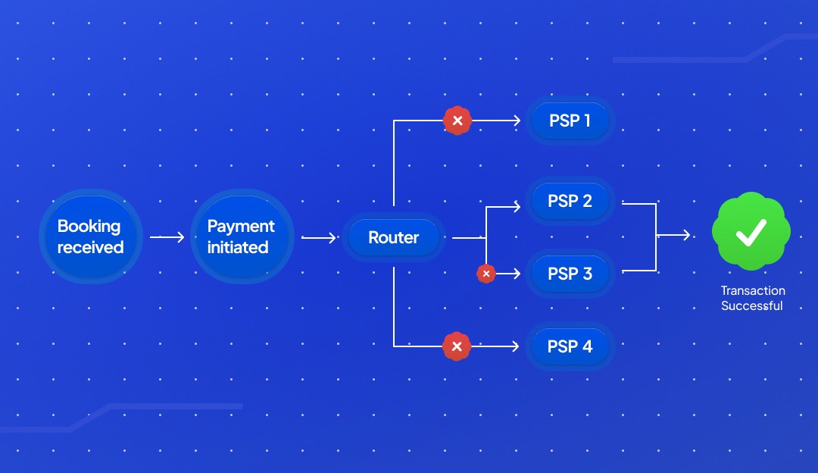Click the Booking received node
click(x=89, y=236)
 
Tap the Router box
click(x=394, y=237)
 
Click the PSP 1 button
click(x=570, y=120)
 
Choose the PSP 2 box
click(x=570, y=202)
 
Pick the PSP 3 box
click(x=570, y=274)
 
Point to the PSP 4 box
click(x=570, y=346)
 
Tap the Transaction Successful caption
click(x=752, y=299)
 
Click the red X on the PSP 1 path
click(x=457, y=120)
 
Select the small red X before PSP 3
click(x=486, y=274)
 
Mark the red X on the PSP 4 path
click(x=456, y=346)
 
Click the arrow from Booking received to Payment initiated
click(x=167, y=237)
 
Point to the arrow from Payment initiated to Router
click(x=319, y=237)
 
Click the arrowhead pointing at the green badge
click(x=686, y=235)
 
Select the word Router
click(x=394, y=237)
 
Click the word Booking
click(x=89, y=226)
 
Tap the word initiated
click(x=238, y=247)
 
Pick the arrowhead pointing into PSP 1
click(x=518, y=120)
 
